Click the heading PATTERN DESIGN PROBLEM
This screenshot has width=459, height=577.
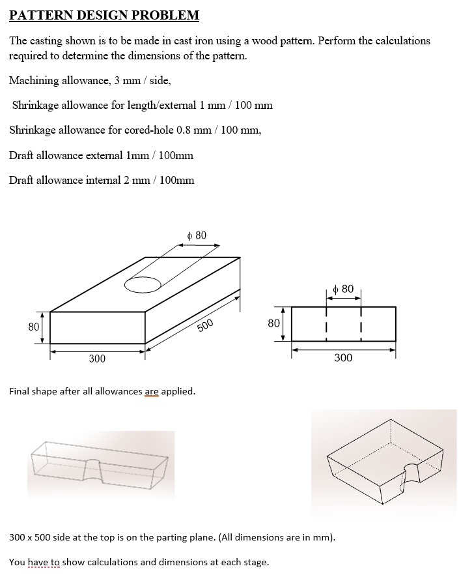104,15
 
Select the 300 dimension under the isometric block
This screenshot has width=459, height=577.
97,359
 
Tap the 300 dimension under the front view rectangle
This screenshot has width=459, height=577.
343,358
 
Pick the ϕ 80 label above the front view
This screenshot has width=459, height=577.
343,289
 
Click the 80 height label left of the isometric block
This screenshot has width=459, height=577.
33,326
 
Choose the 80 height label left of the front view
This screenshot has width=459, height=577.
273,323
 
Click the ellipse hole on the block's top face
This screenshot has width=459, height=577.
143,285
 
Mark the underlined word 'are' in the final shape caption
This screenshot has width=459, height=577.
151,391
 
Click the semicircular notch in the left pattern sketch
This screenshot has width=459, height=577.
93,464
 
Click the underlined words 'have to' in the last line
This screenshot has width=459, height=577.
46,562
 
